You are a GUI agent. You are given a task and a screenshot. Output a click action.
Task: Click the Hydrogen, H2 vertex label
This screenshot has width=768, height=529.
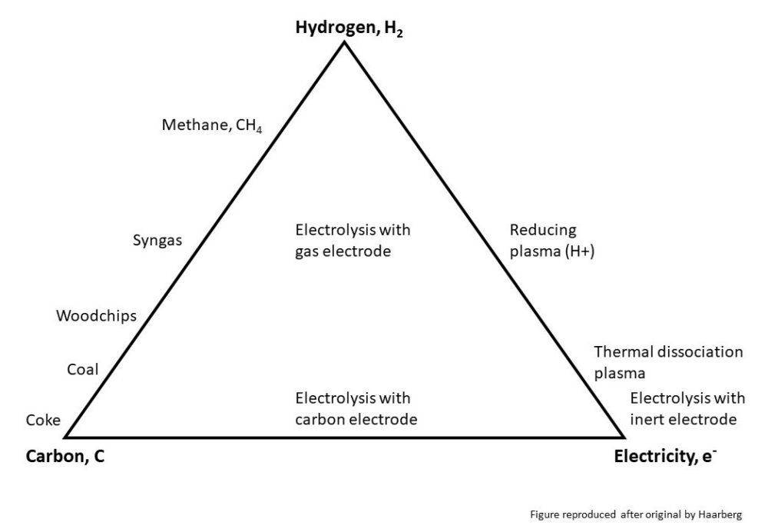point(349,28)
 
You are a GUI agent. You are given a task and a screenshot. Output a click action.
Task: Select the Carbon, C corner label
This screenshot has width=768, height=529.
point(65,457)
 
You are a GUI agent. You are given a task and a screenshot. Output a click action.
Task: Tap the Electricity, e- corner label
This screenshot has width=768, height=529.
point(665,457)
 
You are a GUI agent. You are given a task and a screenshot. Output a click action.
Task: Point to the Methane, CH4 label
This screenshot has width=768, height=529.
point(212,125)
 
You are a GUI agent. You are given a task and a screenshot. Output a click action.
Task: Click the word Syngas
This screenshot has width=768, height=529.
point(157,241)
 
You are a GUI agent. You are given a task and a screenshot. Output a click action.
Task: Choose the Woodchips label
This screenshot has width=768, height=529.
point(97,316)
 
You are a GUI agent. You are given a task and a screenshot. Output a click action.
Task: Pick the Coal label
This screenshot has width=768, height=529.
point(83,369)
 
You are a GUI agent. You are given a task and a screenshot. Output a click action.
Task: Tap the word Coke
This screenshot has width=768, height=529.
point(43,420)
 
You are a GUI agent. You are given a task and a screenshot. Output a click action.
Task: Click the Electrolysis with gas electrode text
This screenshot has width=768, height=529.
point(353,241)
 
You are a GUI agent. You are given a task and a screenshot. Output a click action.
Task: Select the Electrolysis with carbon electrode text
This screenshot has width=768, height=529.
point(356,409)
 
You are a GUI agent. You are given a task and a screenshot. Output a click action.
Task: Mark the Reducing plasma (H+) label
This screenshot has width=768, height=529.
point(552,241)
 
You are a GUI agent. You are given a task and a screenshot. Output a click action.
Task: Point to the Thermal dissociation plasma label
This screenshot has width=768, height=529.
point(668,363)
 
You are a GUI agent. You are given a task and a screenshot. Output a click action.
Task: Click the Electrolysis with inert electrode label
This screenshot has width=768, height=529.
point(687,409)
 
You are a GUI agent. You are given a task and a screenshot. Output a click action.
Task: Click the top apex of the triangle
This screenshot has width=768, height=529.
point(344,42)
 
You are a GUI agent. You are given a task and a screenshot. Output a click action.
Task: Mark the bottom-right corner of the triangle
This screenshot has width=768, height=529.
point(623,436)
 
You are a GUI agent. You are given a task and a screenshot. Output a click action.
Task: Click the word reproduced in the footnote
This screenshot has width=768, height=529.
point(589,515)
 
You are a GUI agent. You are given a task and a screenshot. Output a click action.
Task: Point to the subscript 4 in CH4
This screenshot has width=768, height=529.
point(259,131)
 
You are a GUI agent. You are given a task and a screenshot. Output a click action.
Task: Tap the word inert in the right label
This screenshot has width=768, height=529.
point(645,420)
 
